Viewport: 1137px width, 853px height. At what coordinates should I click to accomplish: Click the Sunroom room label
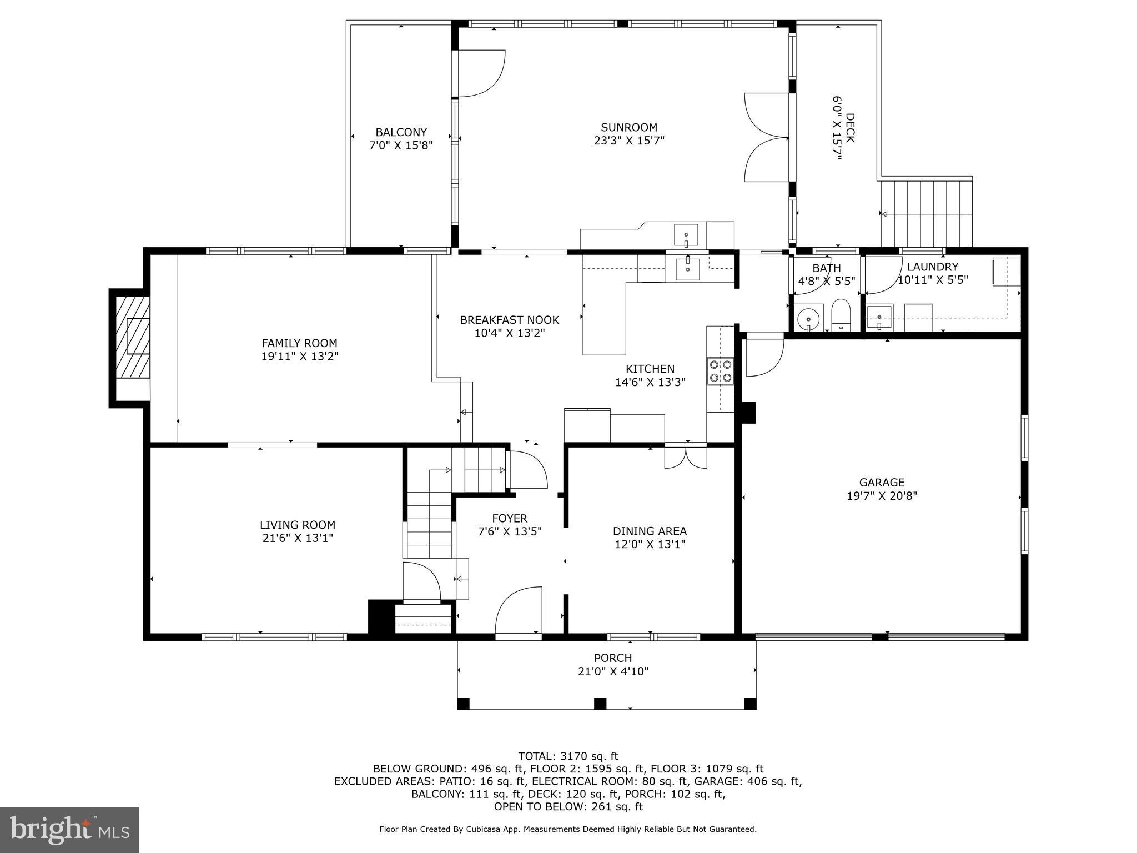[x=628, y=127]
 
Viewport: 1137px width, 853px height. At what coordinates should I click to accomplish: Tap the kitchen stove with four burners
[x=720, y=371]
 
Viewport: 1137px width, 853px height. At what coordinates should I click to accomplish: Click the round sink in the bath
[x=809, y=319]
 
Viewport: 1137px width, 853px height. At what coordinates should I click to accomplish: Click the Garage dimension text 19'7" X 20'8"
[x=882, y=496]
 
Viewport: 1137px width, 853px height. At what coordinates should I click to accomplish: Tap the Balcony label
[x=401, y=132]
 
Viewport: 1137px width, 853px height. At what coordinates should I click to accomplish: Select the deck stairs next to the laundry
[x=927, y=213]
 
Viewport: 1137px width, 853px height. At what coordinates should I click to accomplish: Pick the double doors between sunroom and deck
[x=766, y=137]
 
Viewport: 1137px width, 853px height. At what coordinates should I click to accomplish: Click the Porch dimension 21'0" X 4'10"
[x=613, y=671]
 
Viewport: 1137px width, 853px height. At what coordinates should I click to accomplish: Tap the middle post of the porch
[x=600, y=703]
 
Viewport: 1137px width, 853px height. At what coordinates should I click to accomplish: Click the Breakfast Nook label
[x=509, y=320]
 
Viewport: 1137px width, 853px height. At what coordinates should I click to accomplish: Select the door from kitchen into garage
[x=764, y=355]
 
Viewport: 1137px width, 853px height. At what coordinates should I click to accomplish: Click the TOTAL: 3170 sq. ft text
[x=568, y=756]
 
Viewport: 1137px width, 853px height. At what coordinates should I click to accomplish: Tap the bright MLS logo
[x=69, y=830]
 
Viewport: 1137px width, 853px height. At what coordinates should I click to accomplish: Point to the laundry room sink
[x=879, y=318]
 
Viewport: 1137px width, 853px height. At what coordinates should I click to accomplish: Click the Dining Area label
[x=650, y=531]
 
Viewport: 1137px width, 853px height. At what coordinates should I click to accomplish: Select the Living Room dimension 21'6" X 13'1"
[x=298, y=538]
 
